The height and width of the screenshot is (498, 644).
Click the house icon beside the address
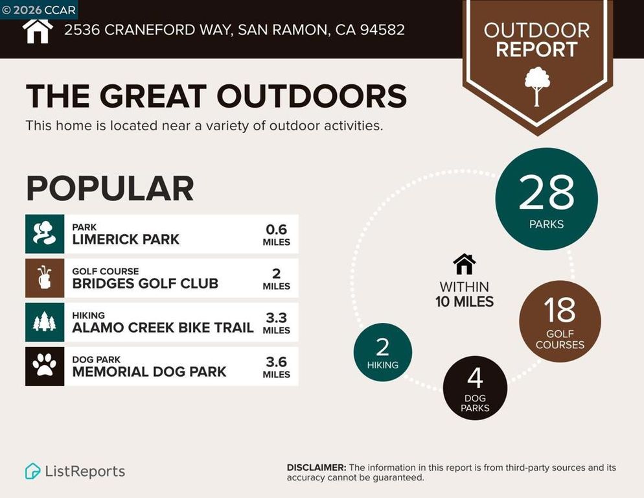coord(38,29)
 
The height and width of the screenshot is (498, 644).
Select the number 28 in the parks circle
coord(546,193)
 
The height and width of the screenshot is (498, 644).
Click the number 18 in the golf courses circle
coord(560,310)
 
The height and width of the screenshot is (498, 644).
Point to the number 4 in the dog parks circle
coord(474,378)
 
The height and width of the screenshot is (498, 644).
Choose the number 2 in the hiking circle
coord(382,347)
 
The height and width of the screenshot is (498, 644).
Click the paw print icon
coord(45,366)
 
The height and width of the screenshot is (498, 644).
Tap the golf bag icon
coord(45,278)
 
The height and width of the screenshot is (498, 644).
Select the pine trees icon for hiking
coord(45,322)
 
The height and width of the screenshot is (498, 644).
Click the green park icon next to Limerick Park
coord(45,233)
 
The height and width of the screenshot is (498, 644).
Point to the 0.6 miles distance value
coord(276,230)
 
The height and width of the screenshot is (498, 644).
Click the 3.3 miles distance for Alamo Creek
coord(276,318)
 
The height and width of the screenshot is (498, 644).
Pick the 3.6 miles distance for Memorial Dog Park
coord(276,362)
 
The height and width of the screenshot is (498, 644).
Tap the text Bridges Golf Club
coord(145,283)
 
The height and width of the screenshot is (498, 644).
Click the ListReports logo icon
coord(32,471)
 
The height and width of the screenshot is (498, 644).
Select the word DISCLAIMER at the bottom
coord(316,468)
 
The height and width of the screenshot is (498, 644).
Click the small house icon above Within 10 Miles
coord(464,264)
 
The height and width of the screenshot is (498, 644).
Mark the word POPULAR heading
coord(110,189)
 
